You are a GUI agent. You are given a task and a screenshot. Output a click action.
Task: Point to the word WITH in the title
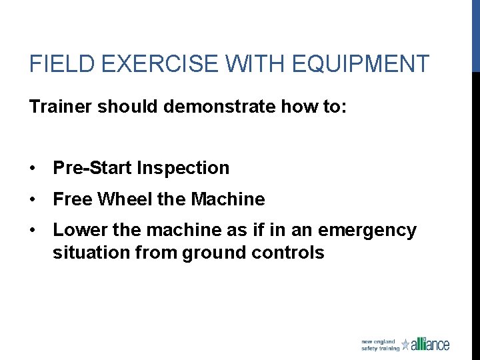point(246,64)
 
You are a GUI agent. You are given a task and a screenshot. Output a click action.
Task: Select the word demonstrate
point(215,107)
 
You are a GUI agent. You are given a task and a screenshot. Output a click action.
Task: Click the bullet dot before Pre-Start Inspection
point(33,169)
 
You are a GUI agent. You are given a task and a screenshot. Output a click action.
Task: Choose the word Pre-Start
point(93,169)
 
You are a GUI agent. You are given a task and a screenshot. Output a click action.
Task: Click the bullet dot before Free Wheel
point(33,199)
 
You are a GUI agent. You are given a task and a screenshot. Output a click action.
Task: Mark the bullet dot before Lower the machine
point(33,231)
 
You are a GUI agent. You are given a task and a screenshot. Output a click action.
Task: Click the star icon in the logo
point(405,345)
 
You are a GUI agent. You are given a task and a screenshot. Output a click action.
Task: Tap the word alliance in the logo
point(431,344)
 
